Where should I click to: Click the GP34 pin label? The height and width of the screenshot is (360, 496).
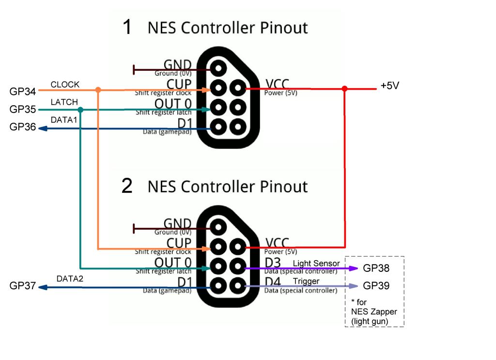point(22,92)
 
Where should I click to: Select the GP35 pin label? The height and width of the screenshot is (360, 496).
point(22,109)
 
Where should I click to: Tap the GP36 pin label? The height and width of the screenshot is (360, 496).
point(22,127)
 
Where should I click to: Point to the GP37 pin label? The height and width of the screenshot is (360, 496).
point(22,286)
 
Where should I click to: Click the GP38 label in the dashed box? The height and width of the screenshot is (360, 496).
point(376,268)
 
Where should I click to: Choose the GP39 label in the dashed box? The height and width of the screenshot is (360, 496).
point(376,286)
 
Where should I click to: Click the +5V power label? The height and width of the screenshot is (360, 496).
point(390,86)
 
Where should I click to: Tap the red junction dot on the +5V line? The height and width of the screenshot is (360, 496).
point(344,89)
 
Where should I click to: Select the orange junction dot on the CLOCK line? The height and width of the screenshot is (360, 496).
point(98,90)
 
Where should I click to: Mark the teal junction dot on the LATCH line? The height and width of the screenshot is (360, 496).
point(80,110)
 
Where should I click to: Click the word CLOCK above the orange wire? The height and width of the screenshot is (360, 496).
point(65,84)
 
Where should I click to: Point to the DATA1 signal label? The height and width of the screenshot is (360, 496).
point(64,120)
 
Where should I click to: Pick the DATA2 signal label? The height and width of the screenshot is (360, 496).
point(70,279)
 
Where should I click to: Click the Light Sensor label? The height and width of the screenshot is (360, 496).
point(316,264)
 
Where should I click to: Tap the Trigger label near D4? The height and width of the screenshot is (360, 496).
point(306,281)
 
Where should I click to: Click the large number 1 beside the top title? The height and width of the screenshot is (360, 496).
point(127,27)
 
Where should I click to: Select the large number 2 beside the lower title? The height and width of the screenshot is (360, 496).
point(127,186)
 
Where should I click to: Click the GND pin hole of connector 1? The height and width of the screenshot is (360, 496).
point(218,68)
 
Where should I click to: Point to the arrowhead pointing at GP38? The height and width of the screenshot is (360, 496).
point(353,268)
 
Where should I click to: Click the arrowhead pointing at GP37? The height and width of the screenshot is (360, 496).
point(43,287)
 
